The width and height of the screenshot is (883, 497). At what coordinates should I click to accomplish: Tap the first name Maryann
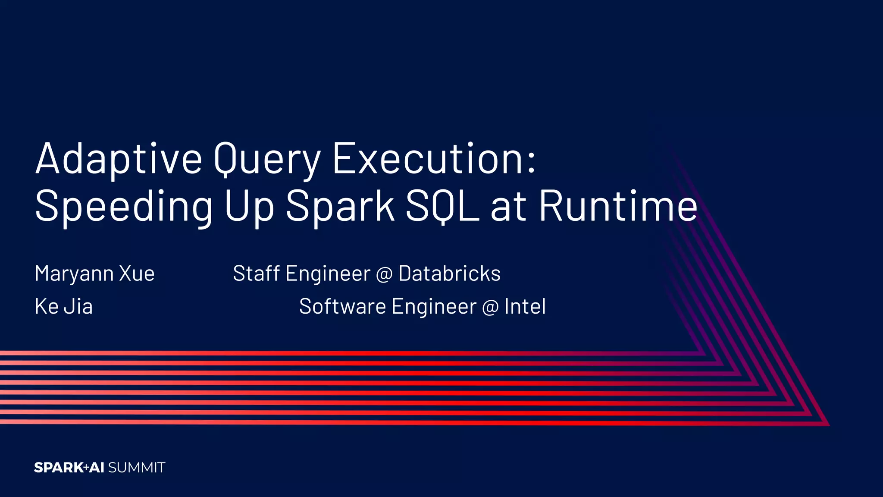tap(74, 274)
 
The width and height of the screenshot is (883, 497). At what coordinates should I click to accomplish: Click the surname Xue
tap(137, 274)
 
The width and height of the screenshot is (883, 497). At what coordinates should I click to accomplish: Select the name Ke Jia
tap(64, 307)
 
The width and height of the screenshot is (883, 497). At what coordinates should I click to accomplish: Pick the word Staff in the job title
tap(256, 274)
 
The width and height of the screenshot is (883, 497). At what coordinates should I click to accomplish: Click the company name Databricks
tap(449, 274)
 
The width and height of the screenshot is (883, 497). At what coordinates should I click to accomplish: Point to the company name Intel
tap(525, 307)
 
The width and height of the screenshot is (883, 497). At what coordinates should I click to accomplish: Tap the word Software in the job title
tap(342, 307)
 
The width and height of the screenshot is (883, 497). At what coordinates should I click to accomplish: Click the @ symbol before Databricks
tap(384, 274)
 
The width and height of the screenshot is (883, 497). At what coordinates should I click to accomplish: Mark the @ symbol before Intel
tap(490, 308)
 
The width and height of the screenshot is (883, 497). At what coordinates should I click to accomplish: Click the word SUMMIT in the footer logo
tap(137, 468)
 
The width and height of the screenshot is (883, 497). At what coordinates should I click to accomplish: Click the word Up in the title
tap(249, 207)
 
